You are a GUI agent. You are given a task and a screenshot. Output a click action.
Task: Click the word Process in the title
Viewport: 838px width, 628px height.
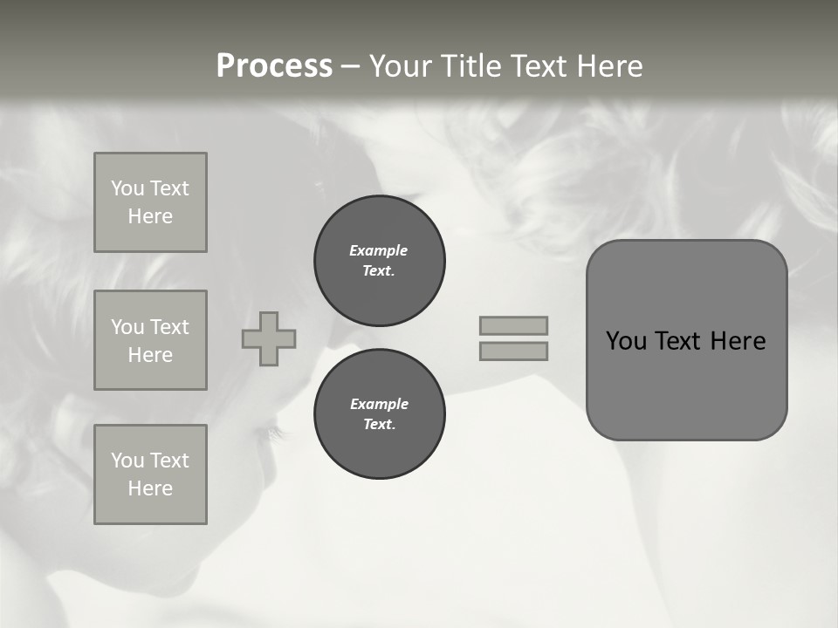(x=274, y=66)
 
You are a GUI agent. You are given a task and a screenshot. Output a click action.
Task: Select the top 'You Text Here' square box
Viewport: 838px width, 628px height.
(x=150, y=202)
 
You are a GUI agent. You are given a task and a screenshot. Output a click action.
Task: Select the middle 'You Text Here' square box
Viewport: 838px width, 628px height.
(x=150, y=340)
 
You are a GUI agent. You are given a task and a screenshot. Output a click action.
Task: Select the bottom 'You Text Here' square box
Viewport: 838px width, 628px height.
(x=150, y=474)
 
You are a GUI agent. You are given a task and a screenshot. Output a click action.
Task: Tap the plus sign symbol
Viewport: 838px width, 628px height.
(x=269, y=338)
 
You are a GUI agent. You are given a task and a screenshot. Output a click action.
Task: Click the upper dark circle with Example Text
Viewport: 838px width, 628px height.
(x=380, y=261)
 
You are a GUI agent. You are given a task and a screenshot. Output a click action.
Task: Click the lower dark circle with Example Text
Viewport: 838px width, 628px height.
(x=380, y=414)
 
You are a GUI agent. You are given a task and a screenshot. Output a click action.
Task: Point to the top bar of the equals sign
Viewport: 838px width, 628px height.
(x=513, y=325)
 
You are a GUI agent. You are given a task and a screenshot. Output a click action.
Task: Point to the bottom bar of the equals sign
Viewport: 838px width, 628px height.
(x=513, y=351)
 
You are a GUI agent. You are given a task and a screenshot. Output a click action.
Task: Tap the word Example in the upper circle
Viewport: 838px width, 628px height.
(x=379, y=250)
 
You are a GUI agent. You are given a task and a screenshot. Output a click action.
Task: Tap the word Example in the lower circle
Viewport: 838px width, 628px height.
(x=379, y=404)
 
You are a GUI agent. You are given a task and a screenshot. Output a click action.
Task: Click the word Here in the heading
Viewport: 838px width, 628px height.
(x=608, y=66)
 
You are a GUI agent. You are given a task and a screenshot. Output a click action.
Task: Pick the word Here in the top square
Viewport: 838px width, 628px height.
(x=150, y=216)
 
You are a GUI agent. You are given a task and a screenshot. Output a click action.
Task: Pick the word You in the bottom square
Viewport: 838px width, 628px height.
(x=127, y=461)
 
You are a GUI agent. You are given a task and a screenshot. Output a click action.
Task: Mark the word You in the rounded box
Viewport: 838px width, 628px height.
(x=625, y=341)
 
